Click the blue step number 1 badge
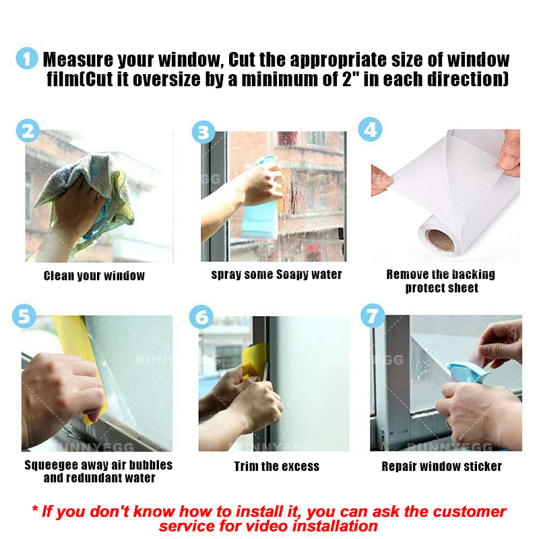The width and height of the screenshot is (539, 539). pos(27,58)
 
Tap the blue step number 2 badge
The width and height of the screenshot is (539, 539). pos(28,131)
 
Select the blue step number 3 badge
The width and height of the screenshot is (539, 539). pos(203,132)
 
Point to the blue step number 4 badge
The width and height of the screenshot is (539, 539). pos(370,129)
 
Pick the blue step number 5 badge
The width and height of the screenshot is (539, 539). pos(24,315)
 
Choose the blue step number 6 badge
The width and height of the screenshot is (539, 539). pos(201,317)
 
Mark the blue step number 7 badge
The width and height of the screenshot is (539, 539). pos(373,315)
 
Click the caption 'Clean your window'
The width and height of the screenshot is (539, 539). pos(94,276)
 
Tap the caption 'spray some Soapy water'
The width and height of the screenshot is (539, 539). pos(277,275)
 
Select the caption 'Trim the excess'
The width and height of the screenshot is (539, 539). pos(277,466)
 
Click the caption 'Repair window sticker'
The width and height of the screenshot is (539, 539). pos(442,466)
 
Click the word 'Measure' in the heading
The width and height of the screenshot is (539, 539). pos(78,59)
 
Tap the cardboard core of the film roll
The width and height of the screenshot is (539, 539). pos(440,240)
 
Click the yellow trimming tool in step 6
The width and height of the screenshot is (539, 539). pos(255,362)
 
